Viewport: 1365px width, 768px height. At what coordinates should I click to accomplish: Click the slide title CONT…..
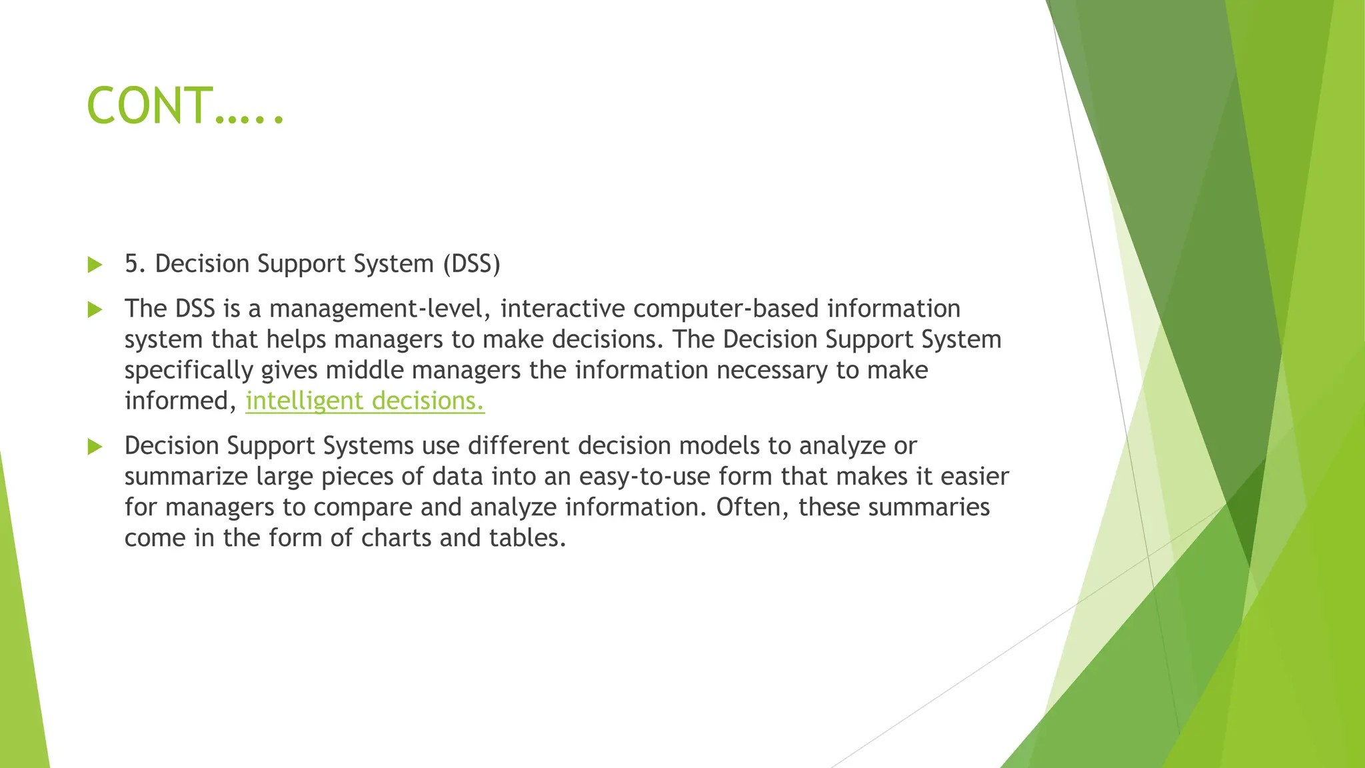coord(185,107)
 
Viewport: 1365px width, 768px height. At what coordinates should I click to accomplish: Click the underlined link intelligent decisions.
coord(365,401)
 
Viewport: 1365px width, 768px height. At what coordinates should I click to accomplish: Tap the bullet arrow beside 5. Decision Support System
coord(95,265)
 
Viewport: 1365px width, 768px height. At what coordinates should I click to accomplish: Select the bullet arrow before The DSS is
coord(95,309)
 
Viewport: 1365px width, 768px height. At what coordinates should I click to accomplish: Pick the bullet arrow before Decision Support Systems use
coord(95,446)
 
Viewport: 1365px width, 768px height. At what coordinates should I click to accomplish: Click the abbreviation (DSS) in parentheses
coord(471,264)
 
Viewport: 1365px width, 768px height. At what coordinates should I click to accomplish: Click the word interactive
coord(563,309)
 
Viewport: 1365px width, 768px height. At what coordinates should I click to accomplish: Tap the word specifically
coord(189,371)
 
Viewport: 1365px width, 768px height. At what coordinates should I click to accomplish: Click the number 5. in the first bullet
coord(135,264)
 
